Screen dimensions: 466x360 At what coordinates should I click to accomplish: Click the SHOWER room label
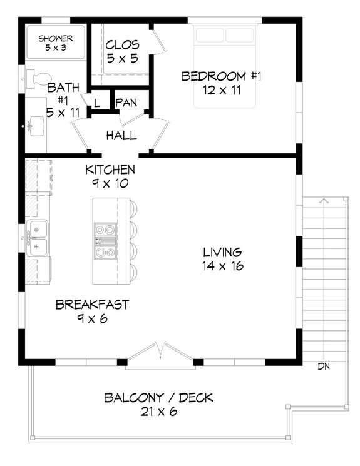pos(56,38)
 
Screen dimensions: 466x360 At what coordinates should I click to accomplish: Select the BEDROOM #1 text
pos(222,76)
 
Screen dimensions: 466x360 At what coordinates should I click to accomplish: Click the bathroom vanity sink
pos(35,127)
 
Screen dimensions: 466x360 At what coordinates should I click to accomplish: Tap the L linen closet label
pos(98,102)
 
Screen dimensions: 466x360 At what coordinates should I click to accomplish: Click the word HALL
pos(121,136)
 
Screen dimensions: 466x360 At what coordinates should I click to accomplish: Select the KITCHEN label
pos(110,170)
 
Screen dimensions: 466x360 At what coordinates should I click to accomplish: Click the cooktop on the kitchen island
pos(105,241)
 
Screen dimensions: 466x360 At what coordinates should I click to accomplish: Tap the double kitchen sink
pos(38,238)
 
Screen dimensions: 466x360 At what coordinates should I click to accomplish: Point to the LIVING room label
pos(222,253)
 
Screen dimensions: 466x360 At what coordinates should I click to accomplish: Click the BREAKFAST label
pos(92,305)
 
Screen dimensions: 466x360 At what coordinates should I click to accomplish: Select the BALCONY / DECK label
pos(159,398)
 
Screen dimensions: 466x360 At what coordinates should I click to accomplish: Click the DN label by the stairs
pos(324,366)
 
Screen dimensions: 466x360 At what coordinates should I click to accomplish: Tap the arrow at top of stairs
pos(324,201)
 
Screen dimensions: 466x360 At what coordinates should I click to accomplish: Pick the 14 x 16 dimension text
pos(222,266)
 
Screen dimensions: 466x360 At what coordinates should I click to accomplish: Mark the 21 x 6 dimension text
pos(159,412)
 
